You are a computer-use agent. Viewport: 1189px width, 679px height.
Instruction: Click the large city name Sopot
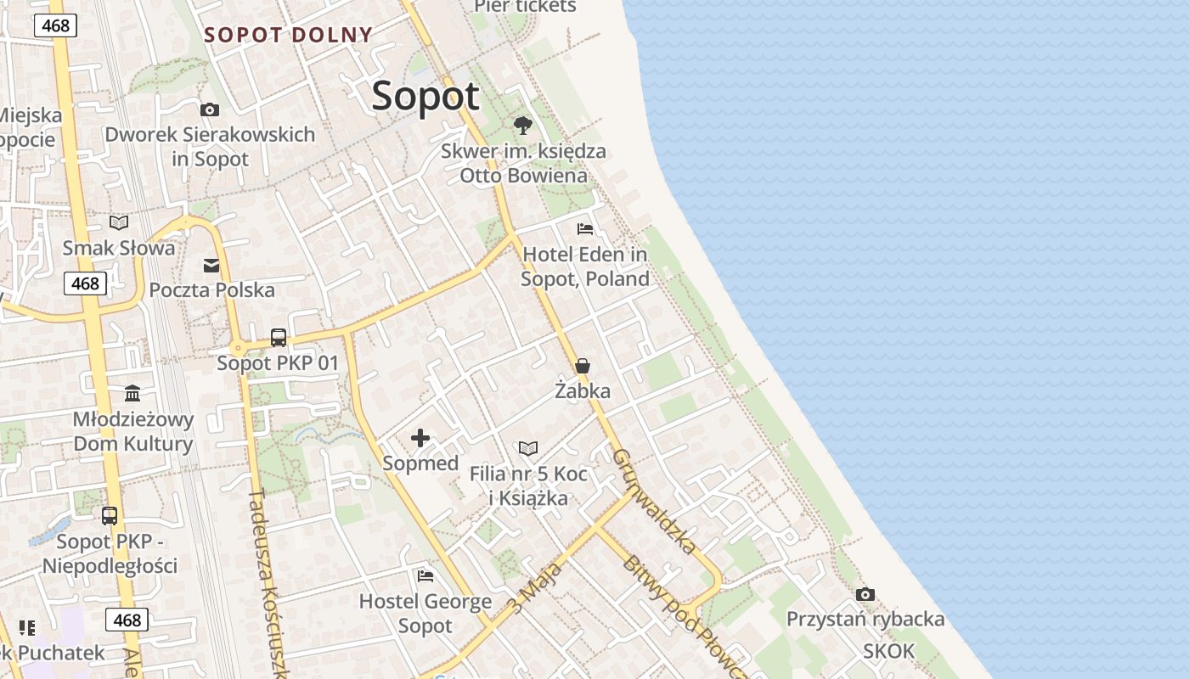425,95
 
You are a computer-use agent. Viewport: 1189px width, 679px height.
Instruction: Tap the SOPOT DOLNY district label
288,35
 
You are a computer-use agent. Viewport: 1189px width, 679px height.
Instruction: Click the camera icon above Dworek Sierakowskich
210,109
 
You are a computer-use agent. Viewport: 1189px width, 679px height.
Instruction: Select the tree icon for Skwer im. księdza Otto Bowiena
523,126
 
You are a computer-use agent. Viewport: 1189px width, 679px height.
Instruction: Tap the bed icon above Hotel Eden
584,228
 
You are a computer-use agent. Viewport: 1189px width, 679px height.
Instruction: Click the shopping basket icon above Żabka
583,366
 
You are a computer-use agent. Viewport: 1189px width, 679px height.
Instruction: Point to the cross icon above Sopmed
420,438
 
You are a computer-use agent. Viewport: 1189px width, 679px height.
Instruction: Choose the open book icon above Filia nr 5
528,448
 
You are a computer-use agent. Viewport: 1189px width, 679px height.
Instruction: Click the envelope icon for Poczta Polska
211,266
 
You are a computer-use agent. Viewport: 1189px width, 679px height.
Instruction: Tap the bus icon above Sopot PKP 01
278,337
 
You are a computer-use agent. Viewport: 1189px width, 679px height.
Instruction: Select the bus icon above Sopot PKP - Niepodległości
110,515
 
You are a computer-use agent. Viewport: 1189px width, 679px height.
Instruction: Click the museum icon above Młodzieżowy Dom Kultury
132,393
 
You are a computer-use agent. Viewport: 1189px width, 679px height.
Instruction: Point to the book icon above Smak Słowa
119,222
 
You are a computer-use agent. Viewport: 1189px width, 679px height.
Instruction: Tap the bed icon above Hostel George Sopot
425,575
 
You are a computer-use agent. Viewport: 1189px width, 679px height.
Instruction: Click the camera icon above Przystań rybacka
865,593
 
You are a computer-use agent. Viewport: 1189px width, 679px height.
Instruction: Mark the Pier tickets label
525,7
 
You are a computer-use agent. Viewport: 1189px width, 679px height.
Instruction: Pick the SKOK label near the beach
889,651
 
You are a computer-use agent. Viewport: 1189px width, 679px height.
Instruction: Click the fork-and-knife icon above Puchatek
27,628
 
